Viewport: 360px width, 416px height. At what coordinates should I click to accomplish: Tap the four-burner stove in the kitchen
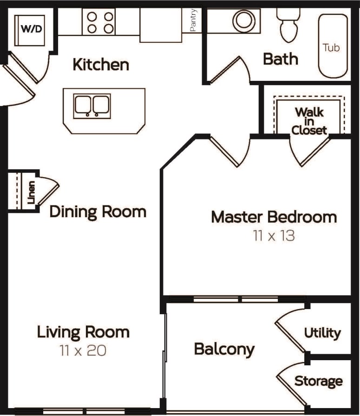pos(99,22)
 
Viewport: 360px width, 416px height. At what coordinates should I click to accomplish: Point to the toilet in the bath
pos(288,26)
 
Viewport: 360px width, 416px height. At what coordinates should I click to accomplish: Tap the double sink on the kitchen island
pos(92,106)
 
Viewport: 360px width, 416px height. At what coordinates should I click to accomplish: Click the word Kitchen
pos(101,65)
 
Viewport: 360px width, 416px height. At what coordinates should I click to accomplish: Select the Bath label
pos(281,59)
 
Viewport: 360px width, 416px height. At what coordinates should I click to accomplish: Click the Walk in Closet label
pos(309,121)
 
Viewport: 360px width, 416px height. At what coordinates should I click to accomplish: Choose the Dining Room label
pos(98,212)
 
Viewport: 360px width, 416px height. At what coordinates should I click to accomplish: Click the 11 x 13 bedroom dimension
pos(274,236)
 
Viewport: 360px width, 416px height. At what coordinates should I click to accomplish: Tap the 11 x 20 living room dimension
pos(83,350)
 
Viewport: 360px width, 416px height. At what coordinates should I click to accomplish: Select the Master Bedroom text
pos(274,217)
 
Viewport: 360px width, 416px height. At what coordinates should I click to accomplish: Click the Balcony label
pos(224,349)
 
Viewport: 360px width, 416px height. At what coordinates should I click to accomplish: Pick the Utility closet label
pos(322,333)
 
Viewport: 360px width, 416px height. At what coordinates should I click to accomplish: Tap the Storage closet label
pos(319,381)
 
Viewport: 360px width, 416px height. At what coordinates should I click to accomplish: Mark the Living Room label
pos(83,332)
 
